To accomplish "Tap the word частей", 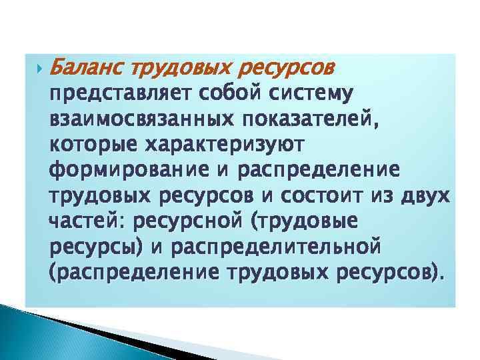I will [x=79, y=222].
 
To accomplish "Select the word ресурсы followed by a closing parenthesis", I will [x=95, y=247].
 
